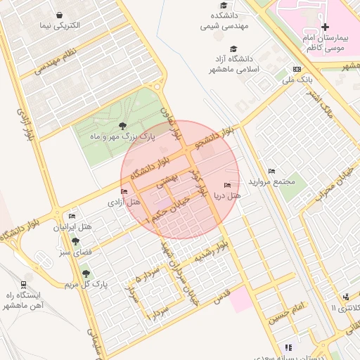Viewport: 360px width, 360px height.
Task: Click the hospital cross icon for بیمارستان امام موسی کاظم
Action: coord(324,27)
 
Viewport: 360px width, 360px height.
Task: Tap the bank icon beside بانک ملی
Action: coord(297,69)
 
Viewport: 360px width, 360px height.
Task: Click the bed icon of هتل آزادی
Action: coord(124,191)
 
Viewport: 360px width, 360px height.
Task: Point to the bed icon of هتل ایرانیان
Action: coord(72,216)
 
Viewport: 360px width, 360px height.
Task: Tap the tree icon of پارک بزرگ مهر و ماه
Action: coord(123,126)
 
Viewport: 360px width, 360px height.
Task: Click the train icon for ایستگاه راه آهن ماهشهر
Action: coord(25,285)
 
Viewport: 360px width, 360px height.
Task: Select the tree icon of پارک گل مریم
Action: coord(86,273)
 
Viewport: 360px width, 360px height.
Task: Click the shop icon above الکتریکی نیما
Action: coord(60,15)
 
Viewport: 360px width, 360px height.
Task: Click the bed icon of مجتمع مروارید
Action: coord(271,171)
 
